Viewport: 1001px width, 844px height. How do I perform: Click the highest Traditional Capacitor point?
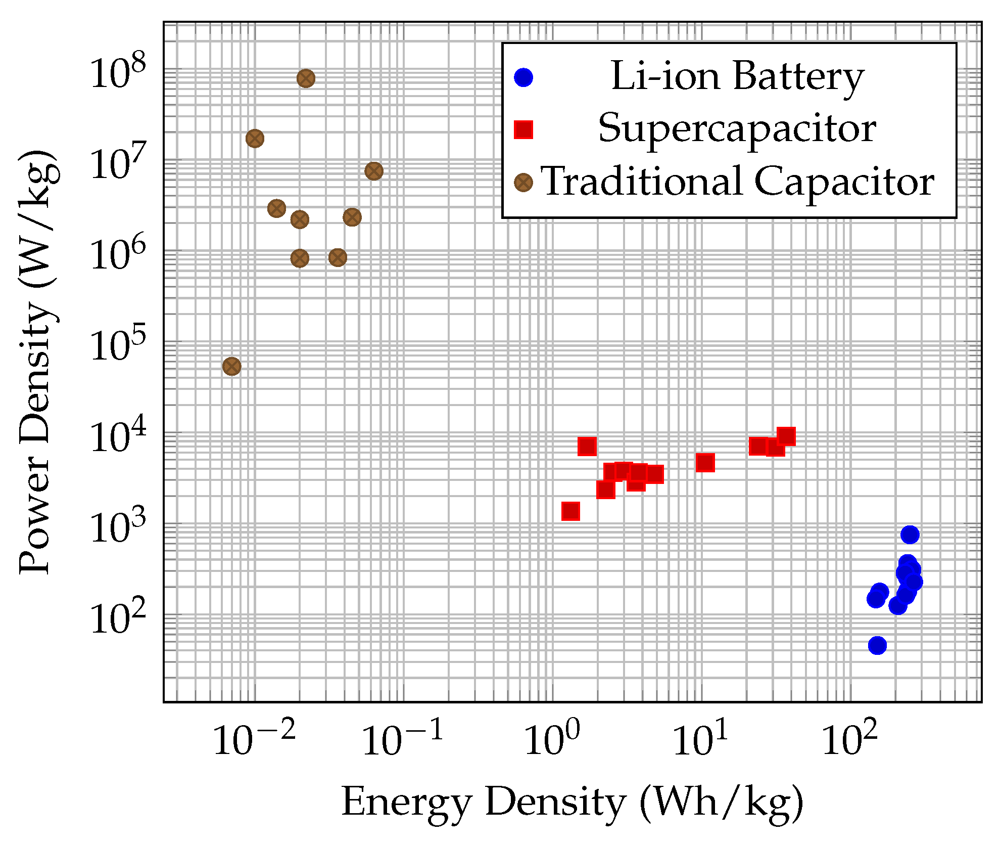click(306, 78)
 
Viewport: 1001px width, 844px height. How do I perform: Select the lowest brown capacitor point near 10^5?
click(231, 366)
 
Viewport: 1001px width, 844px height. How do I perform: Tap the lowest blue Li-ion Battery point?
click(877, 645)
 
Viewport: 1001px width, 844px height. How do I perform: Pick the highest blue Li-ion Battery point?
click(910, 535)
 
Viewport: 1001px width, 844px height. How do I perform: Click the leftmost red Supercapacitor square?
click(570, 511)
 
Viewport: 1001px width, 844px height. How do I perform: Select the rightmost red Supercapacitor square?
click(786, 436)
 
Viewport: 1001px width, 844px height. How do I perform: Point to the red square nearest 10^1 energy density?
click(705, 462)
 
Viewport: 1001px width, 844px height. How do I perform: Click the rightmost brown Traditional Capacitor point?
click(373, 171)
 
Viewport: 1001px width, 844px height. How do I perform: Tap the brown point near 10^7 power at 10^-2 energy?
click(255, 139)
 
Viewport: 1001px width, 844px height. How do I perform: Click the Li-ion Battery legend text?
click(737, 77)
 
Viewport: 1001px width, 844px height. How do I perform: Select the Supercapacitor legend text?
click(737, 129)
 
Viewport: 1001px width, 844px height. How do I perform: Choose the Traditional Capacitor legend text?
click(737, 182)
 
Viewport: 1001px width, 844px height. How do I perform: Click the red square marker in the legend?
click(523, 129)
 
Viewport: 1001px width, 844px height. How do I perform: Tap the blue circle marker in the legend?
click(523, 77)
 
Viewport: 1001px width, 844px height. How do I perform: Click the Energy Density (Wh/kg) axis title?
click(572, 803)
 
